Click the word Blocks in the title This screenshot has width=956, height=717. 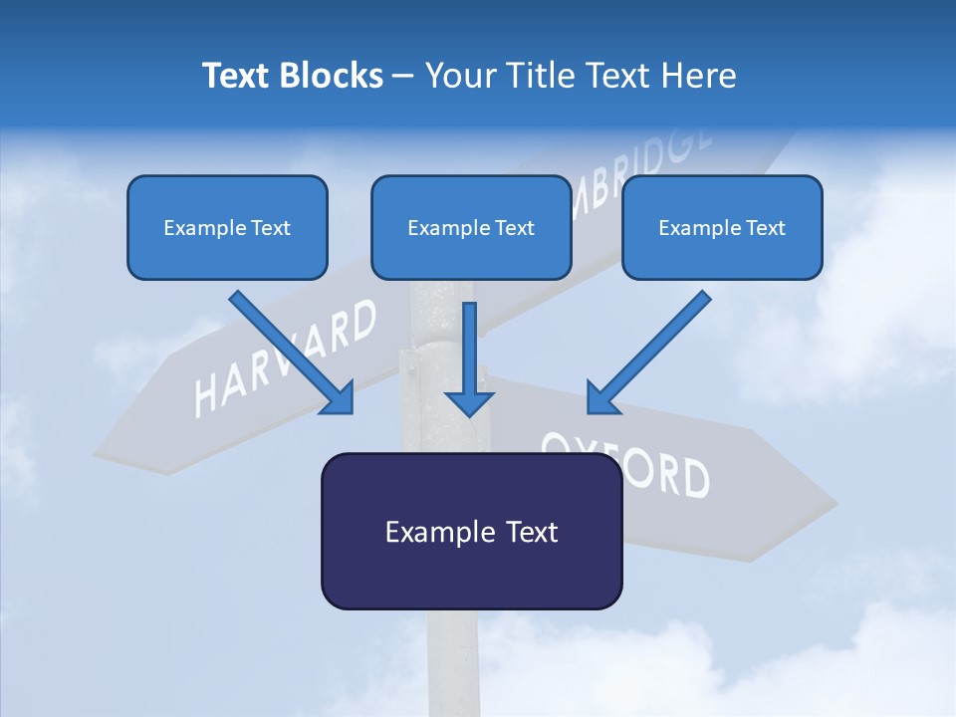point(329,76)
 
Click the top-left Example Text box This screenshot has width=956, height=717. point(227,228)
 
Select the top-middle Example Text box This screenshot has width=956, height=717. point(471,228)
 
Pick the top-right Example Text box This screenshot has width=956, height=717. point(722,228)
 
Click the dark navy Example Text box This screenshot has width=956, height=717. point(471,532)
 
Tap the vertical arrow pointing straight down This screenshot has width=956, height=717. point(470,358)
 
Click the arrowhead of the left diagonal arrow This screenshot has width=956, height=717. point(339,398)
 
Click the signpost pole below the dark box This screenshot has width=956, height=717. point(454,662)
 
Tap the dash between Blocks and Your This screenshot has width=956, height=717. point(403,76)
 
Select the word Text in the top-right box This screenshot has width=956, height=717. point(765,228)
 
